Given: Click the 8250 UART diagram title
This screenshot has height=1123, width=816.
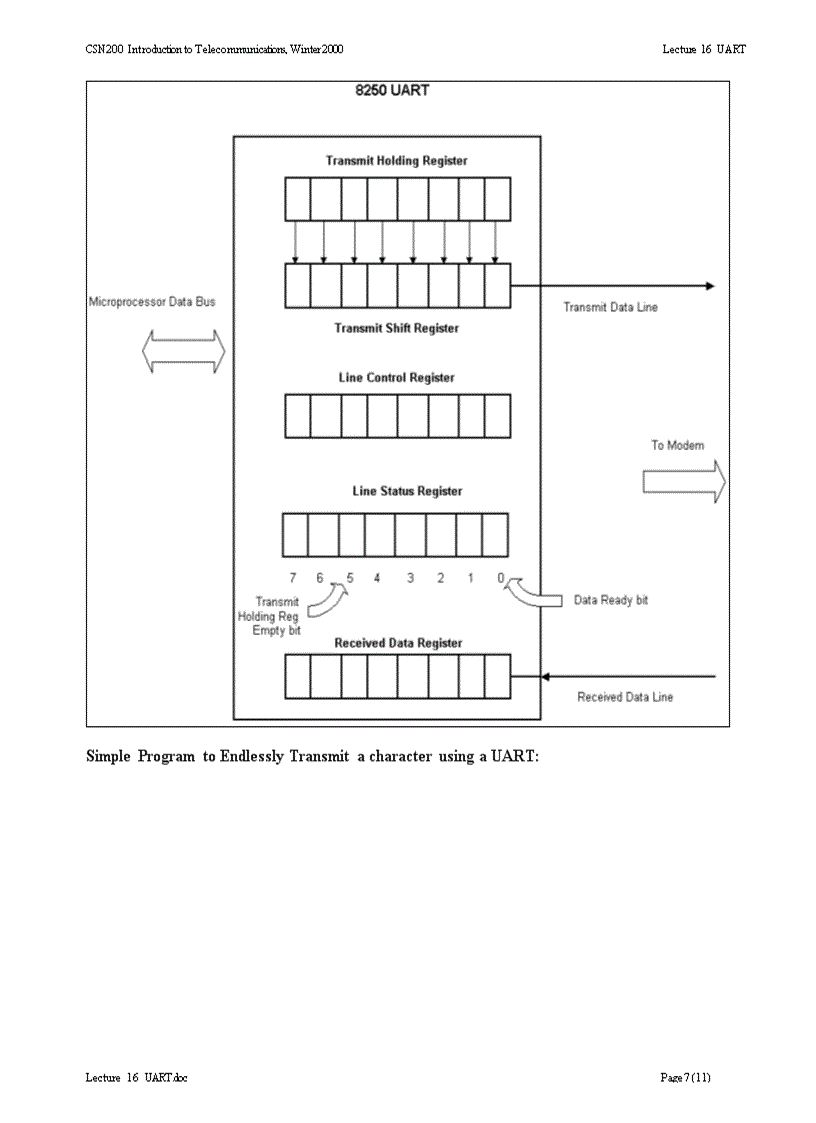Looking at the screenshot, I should click(392, 91).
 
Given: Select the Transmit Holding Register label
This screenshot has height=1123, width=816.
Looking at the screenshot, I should click(396, 160).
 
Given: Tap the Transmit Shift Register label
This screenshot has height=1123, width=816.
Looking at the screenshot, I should click(396, 328).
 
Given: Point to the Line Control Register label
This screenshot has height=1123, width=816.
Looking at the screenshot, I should click(396, 378).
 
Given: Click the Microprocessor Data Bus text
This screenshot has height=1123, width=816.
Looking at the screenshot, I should click(152, 302).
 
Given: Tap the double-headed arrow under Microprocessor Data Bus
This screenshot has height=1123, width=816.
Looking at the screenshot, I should click(183, 352).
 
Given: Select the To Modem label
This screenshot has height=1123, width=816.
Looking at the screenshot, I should click(678, 445).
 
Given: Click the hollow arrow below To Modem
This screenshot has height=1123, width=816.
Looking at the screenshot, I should click(683, 482).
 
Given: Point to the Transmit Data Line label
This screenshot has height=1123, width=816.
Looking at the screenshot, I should click(610, 307).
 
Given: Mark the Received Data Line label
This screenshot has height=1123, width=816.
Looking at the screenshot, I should click(625, 697).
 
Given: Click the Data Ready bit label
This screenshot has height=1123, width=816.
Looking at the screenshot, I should click(610, 601).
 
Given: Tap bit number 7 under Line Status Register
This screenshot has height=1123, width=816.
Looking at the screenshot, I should click(293, 578).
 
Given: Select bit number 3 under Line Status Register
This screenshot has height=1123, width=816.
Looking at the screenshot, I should click(410, 578).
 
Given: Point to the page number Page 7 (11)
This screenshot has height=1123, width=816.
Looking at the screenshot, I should click(685, 1077).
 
